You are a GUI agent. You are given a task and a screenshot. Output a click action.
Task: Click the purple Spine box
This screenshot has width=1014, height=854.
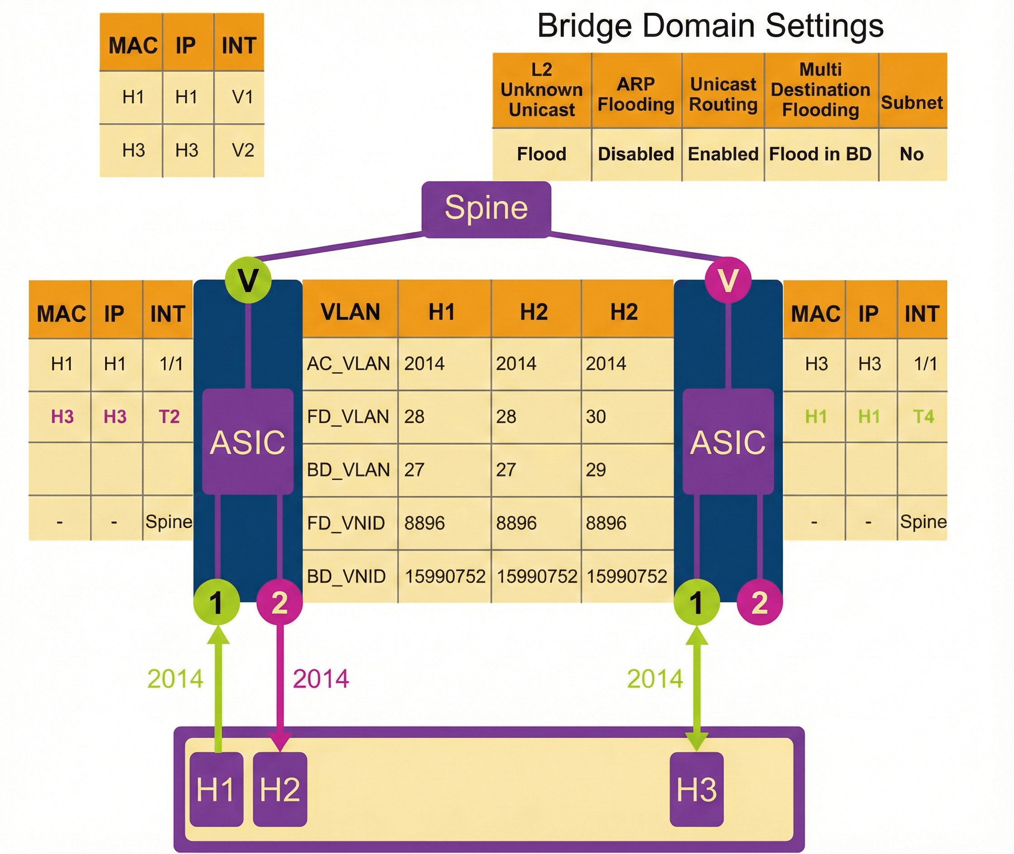[x=486, y=209]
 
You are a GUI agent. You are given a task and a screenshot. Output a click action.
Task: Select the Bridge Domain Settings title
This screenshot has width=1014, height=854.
[x=710, y=26]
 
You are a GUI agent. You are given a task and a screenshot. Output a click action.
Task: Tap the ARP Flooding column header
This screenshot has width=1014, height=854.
[x=636, y=95]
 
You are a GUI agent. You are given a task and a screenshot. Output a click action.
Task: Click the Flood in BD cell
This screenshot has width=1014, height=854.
[x=820, y=154]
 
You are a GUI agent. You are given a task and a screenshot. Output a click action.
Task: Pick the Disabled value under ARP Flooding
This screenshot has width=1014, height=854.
[x=636, y=154]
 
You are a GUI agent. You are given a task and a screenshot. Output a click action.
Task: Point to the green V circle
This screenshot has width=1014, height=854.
[x=248, y=280]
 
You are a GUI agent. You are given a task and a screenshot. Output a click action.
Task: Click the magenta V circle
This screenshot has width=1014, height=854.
[x=727, y=280]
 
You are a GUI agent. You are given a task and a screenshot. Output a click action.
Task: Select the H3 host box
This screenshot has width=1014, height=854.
[x=696, y=789]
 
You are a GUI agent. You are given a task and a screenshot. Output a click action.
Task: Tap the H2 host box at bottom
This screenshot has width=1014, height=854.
[x=280, y=789]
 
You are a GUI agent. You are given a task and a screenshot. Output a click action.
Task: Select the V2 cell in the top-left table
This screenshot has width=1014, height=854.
[x=243, y=151]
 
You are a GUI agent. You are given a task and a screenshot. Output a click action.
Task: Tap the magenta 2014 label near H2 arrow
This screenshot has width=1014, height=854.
[x=320, y=679]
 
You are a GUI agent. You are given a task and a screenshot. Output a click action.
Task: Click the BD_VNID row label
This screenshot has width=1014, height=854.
[x=346, y=577]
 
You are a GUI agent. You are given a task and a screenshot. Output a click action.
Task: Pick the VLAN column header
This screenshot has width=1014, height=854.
[x=350, y=312]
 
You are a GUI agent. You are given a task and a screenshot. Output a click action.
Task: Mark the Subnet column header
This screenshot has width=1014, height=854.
[x=911, y=103]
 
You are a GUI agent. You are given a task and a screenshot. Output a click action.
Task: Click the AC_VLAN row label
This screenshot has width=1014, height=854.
[x=348, y=364]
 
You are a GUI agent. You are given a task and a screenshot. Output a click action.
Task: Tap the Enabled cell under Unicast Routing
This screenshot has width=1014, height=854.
[x=723, y=154]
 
